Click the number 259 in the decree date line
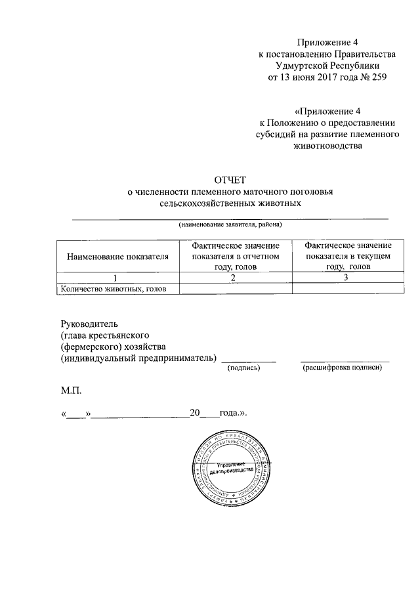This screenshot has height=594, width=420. click(378, 77)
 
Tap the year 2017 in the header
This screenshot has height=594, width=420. click(318, 77)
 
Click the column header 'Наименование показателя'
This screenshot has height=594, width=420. click(118, 256)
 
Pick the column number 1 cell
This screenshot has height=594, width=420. click(118, 278)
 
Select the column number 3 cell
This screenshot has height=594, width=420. click(347, 278)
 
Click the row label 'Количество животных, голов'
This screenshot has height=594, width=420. click(112, 288)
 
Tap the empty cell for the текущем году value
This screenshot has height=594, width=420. click(347, 288)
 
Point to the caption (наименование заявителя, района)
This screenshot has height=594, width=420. click(230, 224)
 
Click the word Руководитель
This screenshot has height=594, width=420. click(89, 323)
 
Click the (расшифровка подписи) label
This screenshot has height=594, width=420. click(342, 368)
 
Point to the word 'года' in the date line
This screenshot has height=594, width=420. click(230, 414)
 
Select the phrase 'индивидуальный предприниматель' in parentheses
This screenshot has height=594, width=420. click(138, 358)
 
